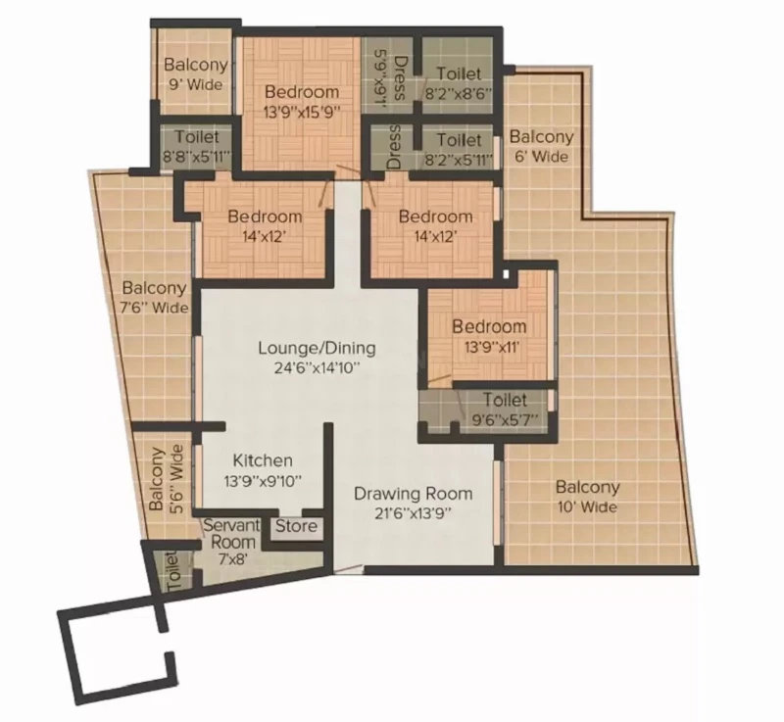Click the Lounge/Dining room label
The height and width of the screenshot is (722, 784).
coord(317,348)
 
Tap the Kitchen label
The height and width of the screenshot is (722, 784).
coord(263,460)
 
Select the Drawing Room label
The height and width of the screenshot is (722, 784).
coord(413,494)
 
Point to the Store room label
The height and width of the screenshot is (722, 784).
coord(297,526)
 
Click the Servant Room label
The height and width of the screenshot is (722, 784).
coord(232,534)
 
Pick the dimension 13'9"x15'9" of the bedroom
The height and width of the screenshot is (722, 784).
coord(302,112)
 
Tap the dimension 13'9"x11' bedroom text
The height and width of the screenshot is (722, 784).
coord(489,347)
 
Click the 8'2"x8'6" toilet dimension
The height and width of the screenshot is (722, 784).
coord(458,93)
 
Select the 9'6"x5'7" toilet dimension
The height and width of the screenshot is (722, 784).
coord(506,418)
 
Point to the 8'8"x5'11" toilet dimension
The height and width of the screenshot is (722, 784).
coord(197,156)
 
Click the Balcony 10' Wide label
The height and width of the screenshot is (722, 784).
coord(587,497)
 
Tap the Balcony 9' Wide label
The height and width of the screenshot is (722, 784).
coord(196,73)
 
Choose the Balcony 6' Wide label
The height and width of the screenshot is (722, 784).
coord(541,146)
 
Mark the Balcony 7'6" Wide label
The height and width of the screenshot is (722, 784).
coord(155,297)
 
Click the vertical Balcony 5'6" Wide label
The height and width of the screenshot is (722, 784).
coord(166,478)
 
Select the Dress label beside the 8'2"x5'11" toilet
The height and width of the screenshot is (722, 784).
coord(395,146)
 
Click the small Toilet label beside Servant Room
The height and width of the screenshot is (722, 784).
coord(171,572)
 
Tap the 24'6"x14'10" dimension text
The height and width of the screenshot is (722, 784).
coord(317,368)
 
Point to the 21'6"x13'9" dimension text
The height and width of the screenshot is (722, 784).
coord(414,513)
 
